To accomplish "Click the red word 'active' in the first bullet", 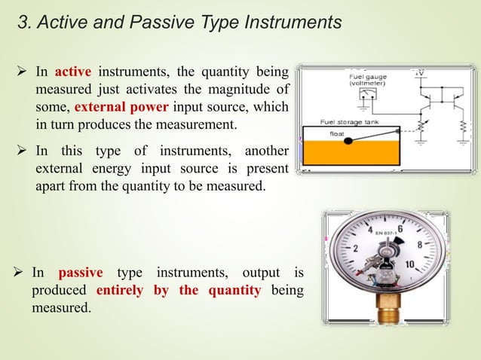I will click(73, 73).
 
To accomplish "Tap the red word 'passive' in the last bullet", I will click(81, 272).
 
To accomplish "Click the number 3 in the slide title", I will click(23, 23).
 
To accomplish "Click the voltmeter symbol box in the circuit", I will click(369, 94).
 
